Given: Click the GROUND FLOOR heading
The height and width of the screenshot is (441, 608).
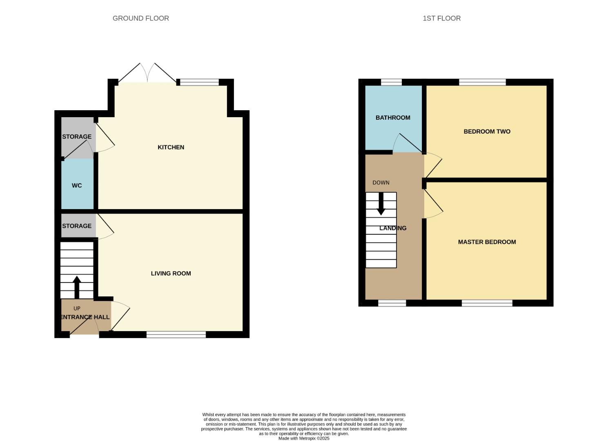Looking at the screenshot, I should (140, 18).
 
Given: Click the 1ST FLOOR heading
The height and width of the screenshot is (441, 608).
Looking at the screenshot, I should (441, 18).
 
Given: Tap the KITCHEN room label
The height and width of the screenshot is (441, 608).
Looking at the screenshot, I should (171, 147).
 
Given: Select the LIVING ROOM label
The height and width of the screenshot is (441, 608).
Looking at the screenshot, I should (171, 274).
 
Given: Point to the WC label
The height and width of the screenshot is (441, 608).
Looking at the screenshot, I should (77, 185).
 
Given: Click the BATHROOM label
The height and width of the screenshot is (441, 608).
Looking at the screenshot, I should (393, 118).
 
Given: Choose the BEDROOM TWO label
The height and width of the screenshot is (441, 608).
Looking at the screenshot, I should (487, 131).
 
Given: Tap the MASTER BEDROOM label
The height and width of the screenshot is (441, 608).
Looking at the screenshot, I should (487, 242).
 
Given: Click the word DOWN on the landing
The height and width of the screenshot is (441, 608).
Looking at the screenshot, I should (381, 183).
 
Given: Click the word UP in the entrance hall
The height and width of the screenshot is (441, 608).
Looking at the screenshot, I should (77, 308).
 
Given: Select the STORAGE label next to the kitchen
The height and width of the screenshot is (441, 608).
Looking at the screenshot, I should (77, 137).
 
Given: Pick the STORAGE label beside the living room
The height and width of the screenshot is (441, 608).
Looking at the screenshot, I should (77, 226).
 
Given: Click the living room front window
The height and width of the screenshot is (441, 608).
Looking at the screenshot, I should (176, 335).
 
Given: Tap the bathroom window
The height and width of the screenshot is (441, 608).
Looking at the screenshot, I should (391, 82).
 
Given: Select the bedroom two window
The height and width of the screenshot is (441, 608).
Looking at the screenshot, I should (482, 82).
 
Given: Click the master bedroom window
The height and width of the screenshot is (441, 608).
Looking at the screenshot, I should (487, 303).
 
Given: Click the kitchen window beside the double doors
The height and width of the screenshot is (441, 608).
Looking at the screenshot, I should (199, 82).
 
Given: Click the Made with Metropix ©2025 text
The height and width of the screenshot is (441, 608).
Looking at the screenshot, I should (304, 438).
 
